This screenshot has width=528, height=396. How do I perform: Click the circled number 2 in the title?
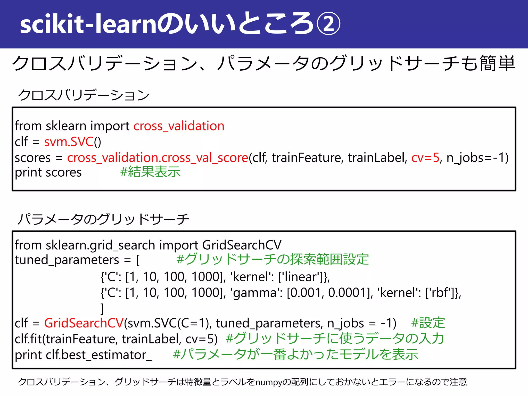point(328,24)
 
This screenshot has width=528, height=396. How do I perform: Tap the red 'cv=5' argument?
point(425,158)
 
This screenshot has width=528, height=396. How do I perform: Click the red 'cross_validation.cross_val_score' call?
point(158,158)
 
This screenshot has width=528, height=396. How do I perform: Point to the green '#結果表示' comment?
point(150,172)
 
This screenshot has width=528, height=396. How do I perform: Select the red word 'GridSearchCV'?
point(84,323)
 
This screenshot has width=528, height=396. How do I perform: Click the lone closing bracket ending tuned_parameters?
point(102,308)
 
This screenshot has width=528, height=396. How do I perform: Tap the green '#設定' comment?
point(428,323)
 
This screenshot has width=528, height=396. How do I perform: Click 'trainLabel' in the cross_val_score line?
point(377,158)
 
